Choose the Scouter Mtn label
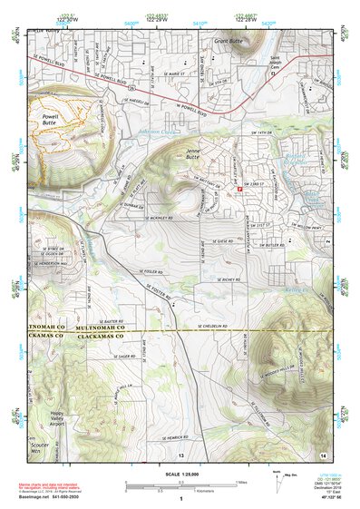coord(38,453)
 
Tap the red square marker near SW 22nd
coord(239,188)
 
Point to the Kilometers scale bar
coord(181,491)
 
